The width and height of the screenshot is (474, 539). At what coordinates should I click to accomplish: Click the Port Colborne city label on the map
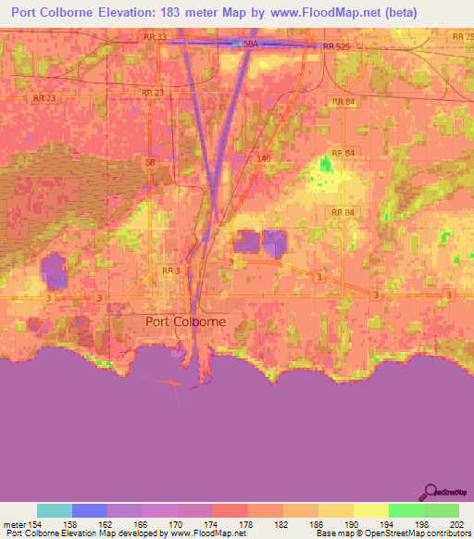185,321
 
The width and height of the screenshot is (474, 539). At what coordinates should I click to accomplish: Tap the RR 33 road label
155,37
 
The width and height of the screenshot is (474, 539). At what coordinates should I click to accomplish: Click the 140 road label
264,158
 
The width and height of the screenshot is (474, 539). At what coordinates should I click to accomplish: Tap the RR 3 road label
170,270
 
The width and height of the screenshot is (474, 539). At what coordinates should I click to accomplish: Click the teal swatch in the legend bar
55,510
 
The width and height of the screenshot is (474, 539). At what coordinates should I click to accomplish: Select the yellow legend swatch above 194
371,510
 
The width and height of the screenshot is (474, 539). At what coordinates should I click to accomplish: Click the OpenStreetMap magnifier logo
430,491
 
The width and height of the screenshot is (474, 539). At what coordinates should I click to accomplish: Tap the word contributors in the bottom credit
447,534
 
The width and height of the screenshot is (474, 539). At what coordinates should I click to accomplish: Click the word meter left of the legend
16,523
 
